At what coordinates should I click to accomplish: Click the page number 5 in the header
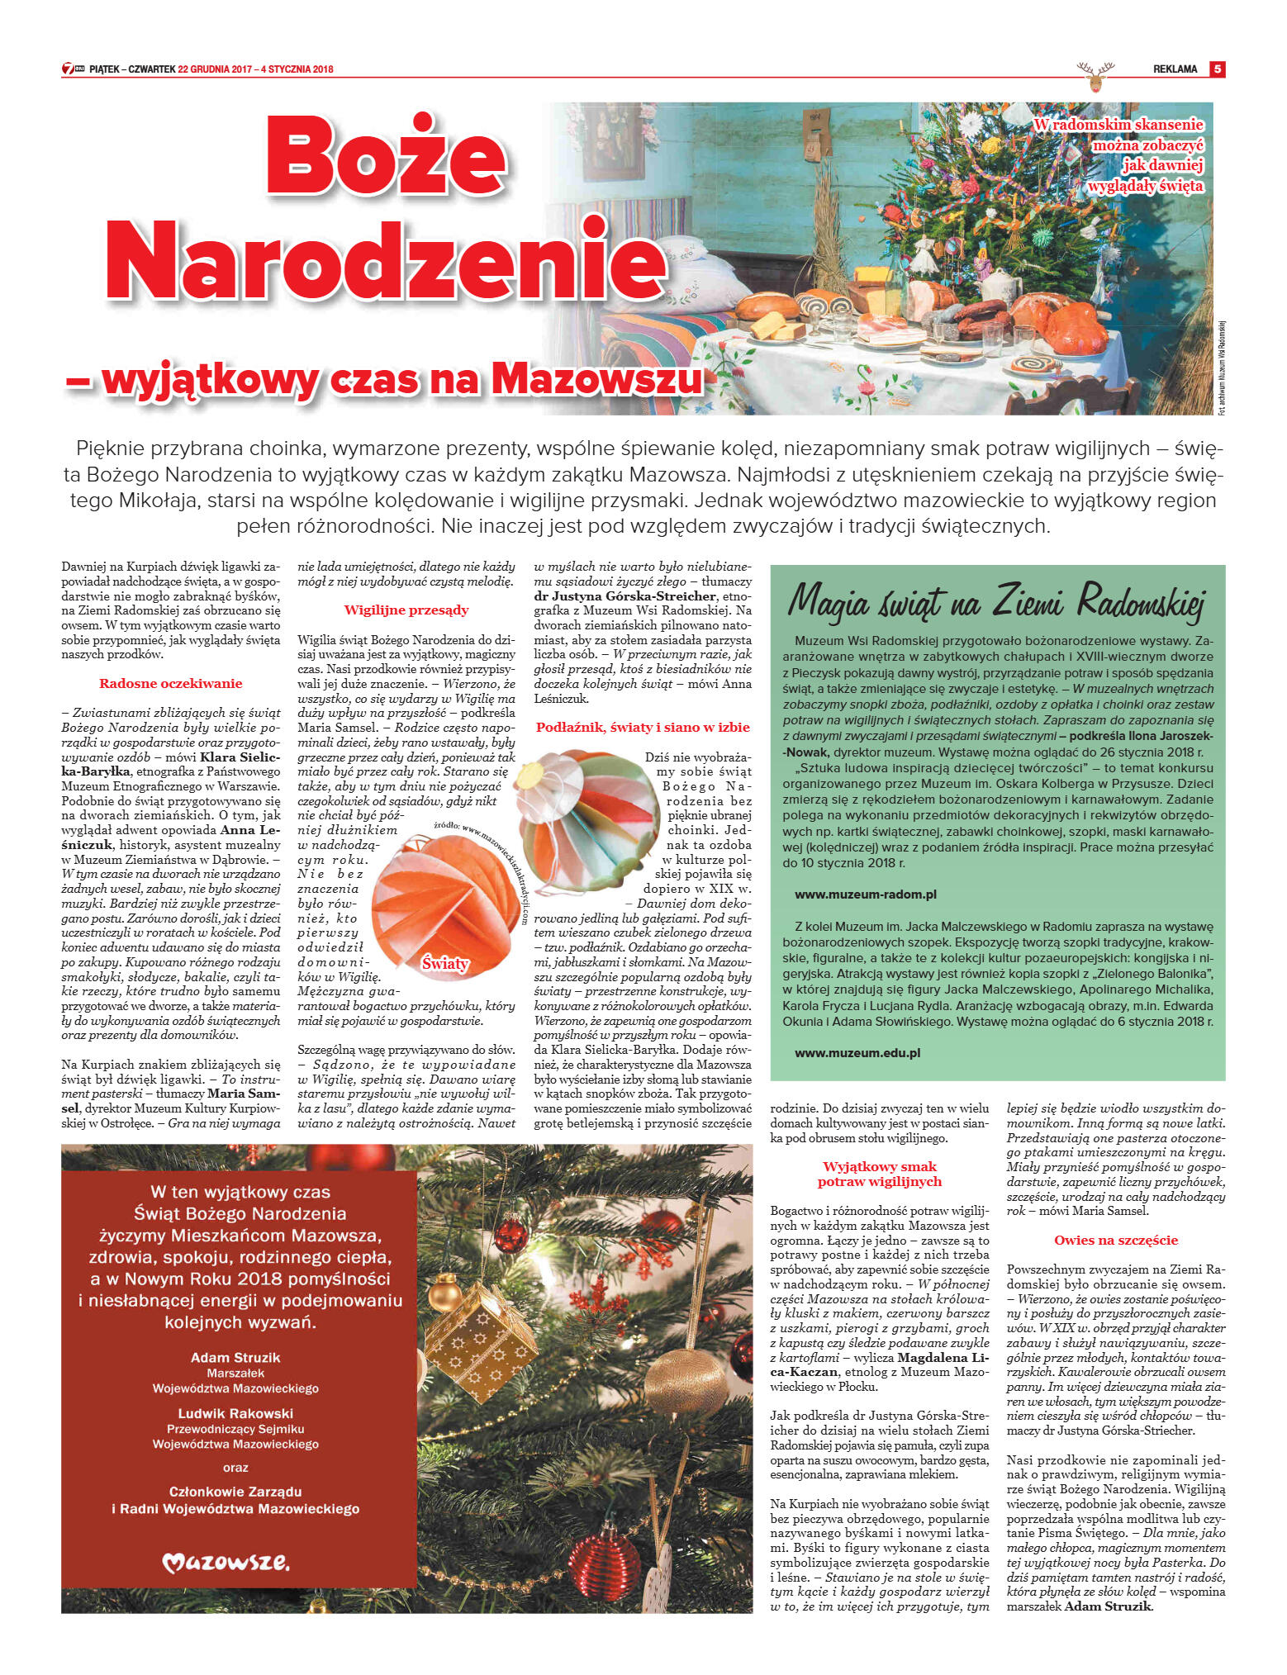1216,69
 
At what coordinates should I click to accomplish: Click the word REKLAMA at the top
1175,69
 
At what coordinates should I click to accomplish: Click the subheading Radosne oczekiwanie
170,683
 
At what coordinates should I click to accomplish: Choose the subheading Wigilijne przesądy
406,610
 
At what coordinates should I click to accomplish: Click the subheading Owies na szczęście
1115,1240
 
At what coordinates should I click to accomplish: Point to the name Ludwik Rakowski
235,1413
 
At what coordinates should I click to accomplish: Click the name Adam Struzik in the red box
235,1357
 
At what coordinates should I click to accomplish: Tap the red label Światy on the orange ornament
445,963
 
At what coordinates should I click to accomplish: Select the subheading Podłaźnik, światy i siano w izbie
643,727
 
